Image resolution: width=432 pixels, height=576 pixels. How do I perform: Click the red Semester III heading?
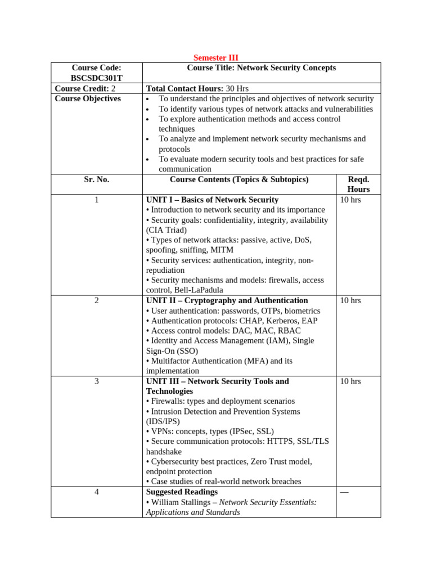coord(215,58)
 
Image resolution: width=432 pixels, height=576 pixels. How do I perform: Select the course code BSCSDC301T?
coord(96,78)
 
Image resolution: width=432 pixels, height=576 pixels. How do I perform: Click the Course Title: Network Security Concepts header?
coord(261,68)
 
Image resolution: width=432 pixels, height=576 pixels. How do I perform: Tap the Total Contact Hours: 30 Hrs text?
coord(197,88)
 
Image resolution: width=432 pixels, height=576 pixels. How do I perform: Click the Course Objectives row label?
coord(88,98)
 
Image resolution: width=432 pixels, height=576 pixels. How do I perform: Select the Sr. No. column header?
coord(96,179)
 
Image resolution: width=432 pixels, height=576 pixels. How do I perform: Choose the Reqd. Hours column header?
coord(358,184)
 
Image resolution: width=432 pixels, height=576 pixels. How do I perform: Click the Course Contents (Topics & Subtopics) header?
coord(239,179)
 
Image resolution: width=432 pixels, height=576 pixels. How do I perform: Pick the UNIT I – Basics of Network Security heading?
coord(212,200)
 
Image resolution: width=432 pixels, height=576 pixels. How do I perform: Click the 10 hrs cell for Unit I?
coord(350,200)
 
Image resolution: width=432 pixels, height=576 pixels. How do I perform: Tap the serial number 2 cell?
coord(96,300)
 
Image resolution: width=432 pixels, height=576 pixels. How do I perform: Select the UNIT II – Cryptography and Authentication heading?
coord(227,300)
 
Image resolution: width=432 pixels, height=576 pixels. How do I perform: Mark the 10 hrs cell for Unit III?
coord(350,381)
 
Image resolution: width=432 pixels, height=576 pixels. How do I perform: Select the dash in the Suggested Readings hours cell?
coord(344,492)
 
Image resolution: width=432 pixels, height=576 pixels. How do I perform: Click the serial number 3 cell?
coord(96,381)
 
